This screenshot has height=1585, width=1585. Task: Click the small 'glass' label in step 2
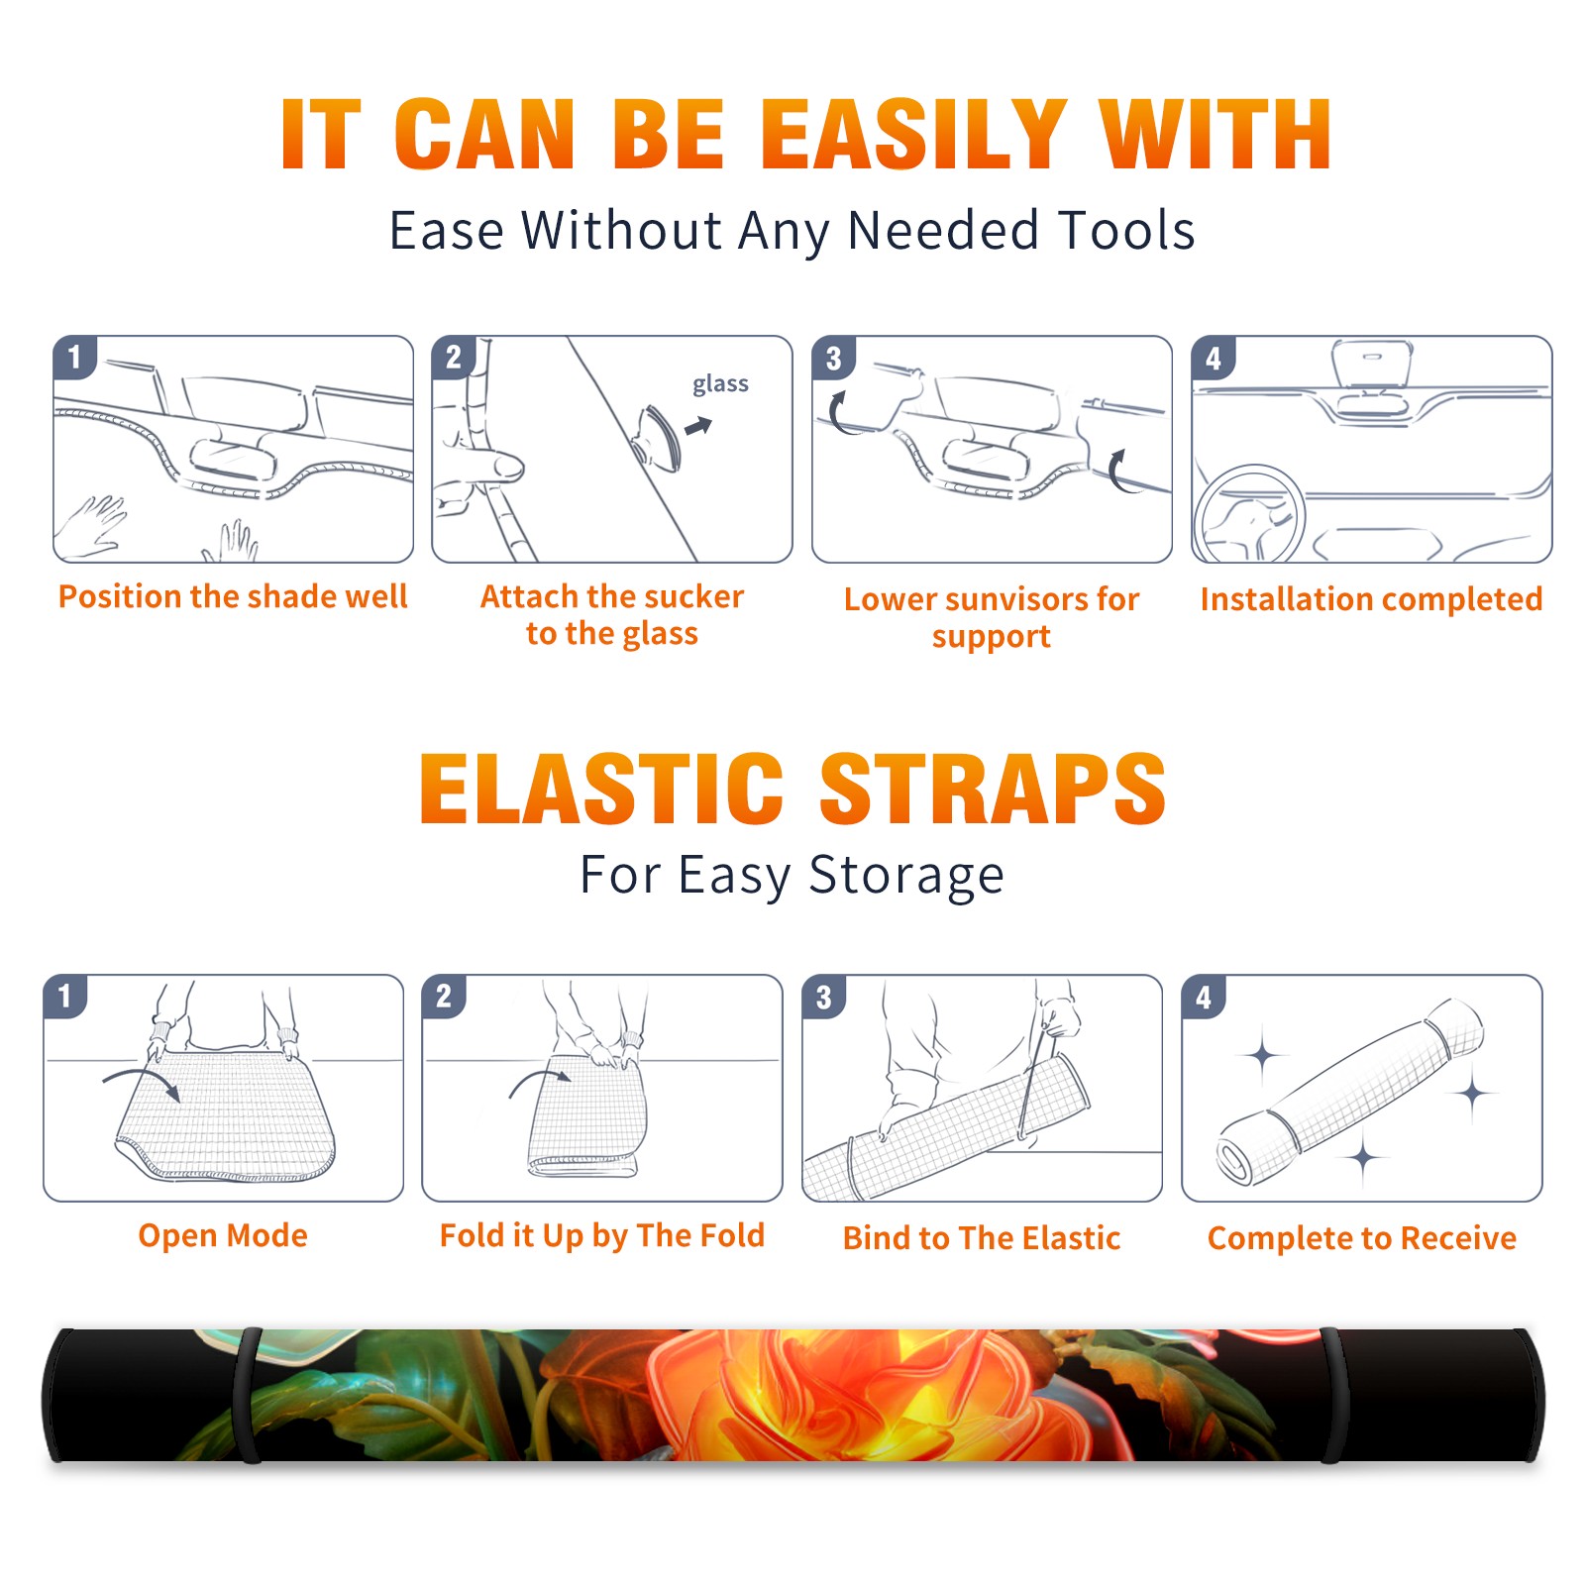(720, 384)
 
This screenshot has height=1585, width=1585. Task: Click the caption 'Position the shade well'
(233, 596)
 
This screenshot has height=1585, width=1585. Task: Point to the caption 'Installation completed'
(1371, 599)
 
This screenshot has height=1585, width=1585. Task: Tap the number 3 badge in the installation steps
(833, 358)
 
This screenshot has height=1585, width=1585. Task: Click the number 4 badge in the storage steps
(1204, 997)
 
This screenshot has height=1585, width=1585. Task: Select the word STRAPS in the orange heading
(994, 789)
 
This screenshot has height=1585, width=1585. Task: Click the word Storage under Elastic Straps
(906, 876)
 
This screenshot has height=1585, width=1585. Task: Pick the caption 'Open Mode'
(223, 1236)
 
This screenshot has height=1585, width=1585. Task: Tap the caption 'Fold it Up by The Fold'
(602, 1236)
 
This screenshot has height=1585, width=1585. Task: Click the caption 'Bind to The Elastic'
(982, 1238)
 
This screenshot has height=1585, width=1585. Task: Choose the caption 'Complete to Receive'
(1362, 1238)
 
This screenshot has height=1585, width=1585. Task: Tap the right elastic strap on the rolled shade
(1332, 1395)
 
